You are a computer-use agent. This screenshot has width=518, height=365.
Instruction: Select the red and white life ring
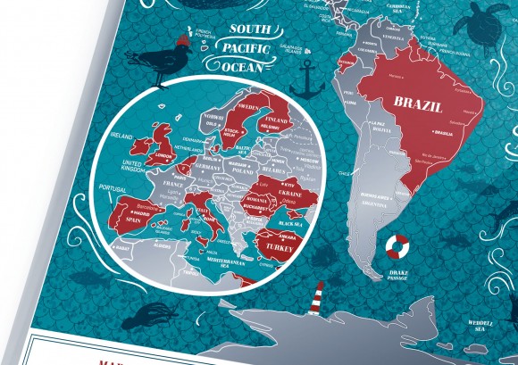[395, 247]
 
